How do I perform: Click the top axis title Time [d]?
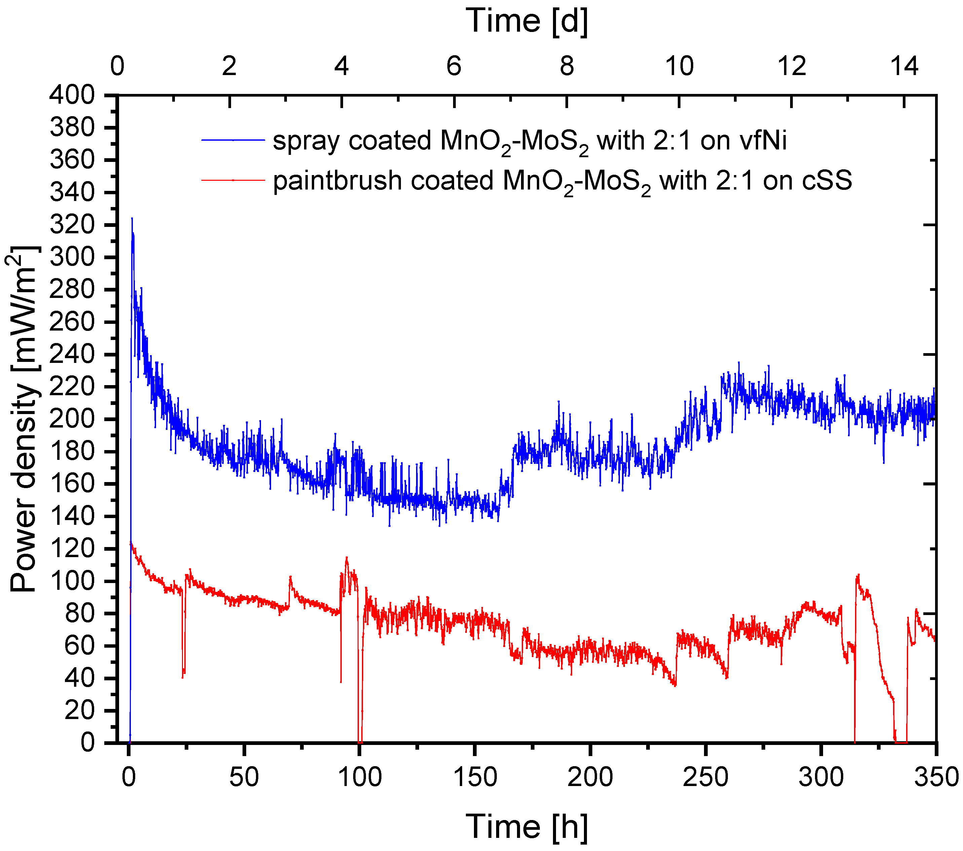[527, 21]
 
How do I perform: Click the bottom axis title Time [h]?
[527, 826]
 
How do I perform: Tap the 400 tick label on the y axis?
[72, 96]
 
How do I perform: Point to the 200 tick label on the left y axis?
[72, 419]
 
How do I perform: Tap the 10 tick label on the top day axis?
[679, 66]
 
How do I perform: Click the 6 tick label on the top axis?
[454, 66]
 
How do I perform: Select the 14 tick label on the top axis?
[904, 66]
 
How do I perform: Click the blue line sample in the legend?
[233, 140]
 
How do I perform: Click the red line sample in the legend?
[233, 180]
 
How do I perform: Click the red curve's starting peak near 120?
[131, 544]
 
